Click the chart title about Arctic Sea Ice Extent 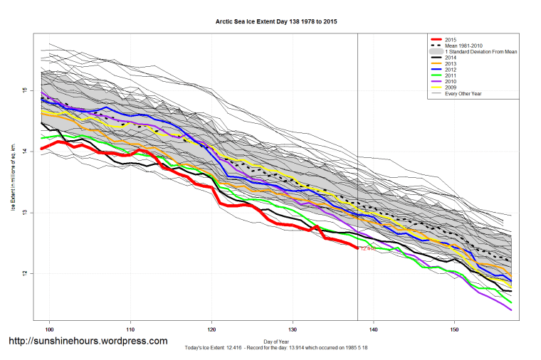pos(276,22)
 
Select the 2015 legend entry pos(451,39)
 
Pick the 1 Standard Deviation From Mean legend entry pos(479,53)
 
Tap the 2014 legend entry pos(451,60)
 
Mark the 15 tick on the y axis pos(23,90)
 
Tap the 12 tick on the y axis pos(23,274)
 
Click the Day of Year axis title pos(276,341)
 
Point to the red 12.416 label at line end pos(368,249)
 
